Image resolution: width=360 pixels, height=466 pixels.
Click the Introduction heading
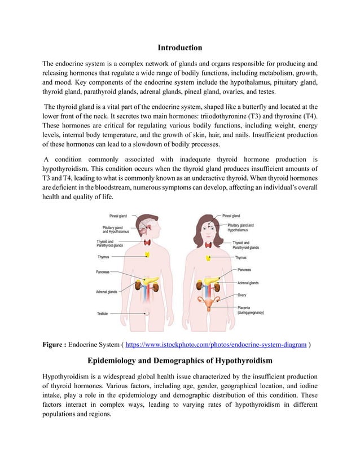[x=179, y=47]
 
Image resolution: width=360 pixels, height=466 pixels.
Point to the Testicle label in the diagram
[x=103, y=313]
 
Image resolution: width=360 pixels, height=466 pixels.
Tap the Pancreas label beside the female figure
[x=244, y=270]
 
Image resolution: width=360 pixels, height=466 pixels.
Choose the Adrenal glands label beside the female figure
[x=248, y=283]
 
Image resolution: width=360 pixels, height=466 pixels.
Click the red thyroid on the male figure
[x=148, y=242]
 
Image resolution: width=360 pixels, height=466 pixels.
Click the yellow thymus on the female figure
[x=209, y=258]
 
